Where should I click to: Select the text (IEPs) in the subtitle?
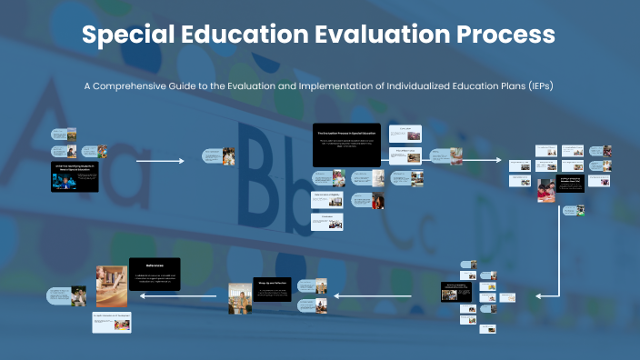[537, 85]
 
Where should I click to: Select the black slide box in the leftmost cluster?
[74, 175]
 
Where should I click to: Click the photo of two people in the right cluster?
[546, 190]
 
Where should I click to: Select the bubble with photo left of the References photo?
[69, 295]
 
